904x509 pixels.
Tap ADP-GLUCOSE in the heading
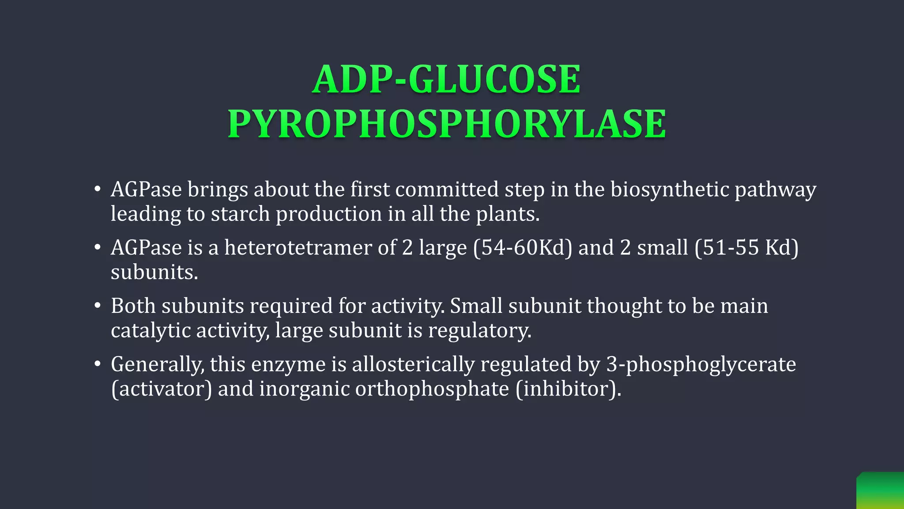tap(446, 80)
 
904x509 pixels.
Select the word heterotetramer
tap(298, 247)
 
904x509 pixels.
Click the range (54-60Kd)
tap(523, 247)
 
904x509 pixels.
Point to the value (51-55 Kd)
tap(746, 247)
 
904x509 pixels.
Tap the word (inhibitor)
tap(568, 389)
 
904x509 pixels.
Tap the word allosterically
tap(413, 365)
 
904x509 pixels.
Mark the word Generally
tap(158, 365)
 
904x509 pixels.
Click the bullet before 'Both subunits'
tap(98, 306)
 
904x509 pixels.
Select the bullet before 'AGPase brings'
tap(98, 190)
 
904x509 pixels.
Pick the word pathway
tap(775, 190)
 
